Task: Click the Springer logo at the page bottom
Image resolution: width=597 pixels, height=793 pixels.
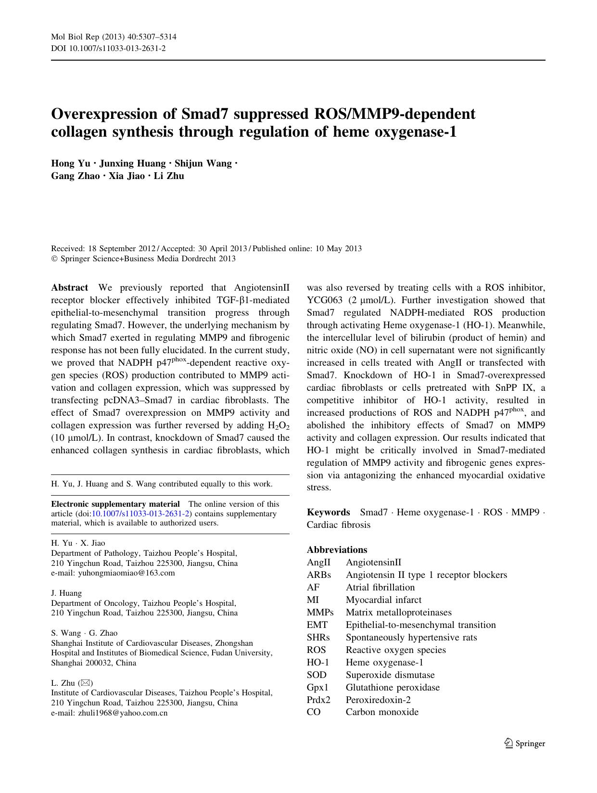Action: click(x=525, y=743)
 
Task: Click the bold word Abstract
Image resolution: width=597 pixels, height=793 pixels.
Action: click(x=70, y=288)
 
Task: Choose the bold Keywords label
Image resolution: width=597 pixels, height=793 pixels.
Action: click(x=329, y=512)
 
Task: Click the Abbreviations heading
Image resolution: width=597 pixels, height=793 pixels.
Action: click(x=337, y=550)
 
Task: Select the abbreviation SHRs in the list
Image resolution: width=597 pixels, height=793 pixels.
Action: click(x=318, y=638)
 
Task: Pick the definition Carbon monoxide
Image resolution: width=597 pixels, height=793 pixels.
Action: click(x=382, y=712)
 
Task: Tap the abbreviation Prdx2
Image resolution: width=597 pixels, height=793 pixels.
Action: click(x=318, y=700)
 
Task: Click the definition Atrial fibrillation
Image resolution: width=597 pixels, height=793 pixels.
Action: click(x=380, y=588)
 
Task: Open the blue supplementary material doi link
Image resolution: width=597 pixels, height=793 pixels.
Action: click(x=140, y=513)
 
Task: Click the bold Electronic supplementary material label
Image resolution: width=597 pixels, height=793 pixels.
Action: click(x=115, y=504)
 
